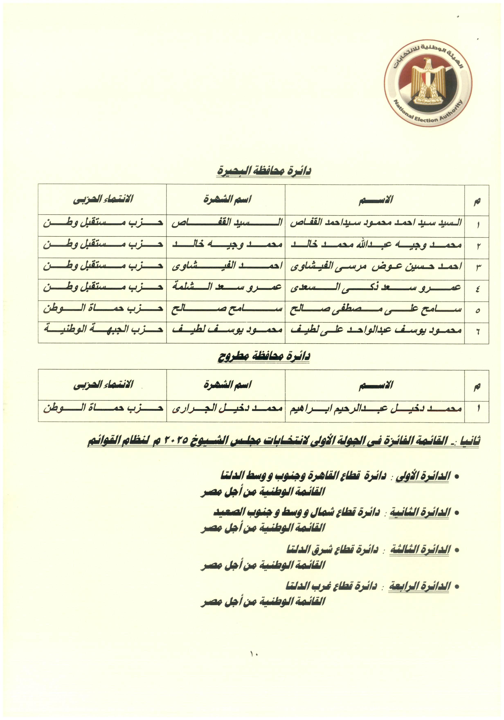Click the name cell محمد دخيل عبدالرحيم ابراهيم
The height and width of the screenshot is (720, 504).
(x=375, y=408)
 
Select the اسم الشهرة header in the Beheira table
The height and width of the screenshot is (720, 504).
(x=227, y=199)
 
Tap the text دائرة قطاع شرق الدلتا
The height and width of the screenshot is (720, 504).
(x=332, y=549)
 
